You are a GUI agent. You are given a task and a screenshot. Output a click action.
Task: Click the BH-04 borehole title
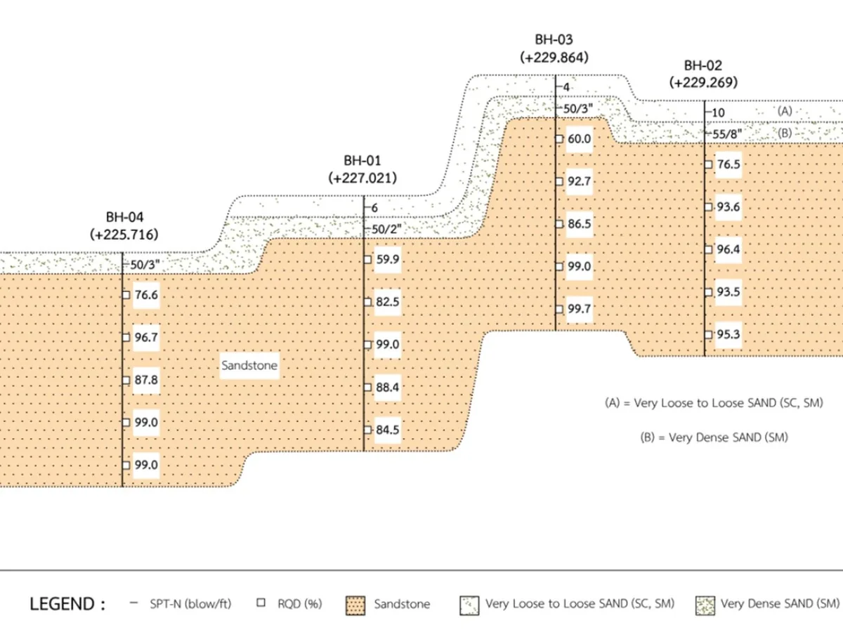124,217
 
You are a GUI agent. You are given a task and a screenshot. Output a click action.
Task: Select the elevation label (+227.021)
362,178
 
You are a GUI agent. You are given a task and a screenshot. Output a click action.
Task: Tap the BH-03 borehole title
554,39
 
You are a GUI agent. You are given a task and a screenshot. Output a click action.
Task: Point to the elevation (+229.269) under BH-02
703,82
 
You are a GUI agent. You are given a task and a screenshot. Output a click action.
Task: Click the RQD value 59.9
388,259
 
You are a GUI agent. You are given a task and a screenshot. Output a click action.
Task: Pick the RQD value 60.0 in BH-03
579,139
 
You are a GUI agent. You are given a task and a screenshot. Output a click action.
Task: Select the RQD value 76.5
728,164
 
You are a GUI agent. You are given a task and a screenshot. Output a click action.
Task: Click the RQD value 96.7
146,337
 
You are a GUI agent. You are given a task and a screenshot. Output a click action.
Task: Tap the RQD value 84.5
388,430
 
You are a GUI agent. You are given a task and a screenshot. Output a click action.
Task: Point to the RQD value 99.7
579,309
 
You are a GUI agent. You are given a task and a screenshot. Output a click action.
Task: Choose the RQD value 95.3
728,335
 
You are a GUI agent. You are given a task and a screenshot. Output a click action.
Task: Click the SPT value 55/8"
727,134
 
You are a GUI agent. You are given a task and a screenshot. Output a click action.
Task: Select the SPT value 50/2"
386,230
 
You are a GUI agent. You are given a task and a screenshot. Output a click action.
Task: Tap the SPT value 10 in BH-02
718,113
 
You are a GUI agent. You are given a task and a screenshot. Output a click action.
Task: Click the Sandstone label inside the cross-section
249,365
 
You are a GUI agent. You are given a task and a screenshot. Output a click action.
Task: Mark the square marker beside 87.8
126,381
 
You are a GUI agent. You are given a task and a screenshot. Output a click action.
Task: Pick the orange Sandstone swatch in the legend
355,605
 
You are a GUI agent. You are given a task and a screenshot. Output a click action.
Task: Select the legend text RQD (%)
299,604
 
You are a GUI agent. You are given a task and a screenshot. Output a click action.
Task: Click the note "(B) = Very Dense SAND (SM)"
714,437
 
